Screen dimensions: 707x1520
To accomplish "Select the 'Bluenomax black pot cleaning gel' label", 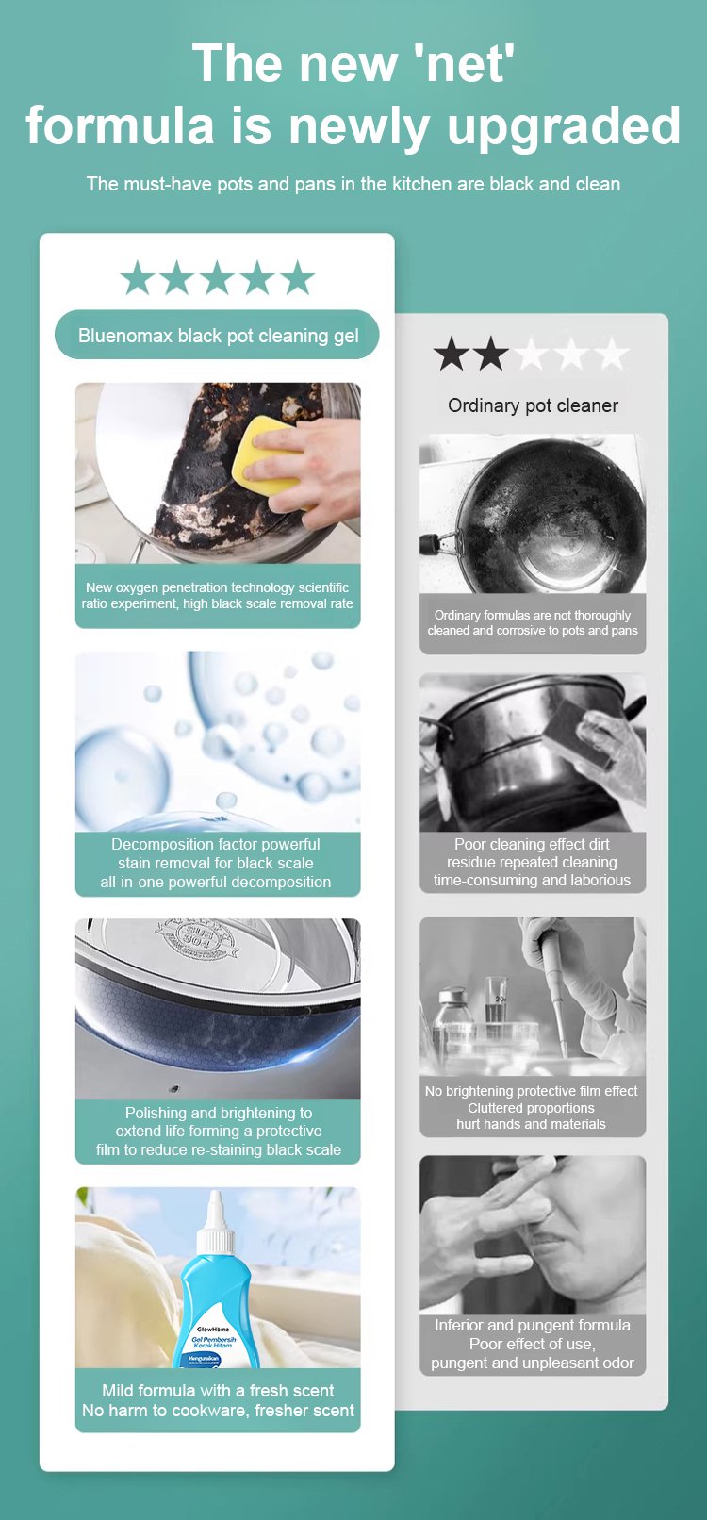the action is (218, 336).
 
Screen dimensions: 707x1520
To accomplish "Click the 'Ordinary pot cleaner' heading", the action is (533, 405).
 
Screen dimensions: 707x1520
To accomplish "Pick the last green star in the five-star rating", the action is (297, 277).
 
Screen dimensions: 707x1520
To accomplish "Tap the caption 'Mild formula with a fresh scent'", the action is (218, 1390).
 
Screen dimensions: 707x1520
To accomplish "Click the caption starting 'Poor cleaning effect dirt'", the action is (533, 862).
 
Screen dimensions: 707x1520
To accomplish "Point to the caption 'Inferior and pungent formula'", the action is (533, 1325).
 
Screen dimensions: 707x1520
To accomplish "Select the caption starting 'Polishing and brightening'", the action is (218, 1132).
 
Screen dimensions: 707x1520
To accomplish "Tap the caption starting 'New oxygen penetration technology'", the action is (218, 595).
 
